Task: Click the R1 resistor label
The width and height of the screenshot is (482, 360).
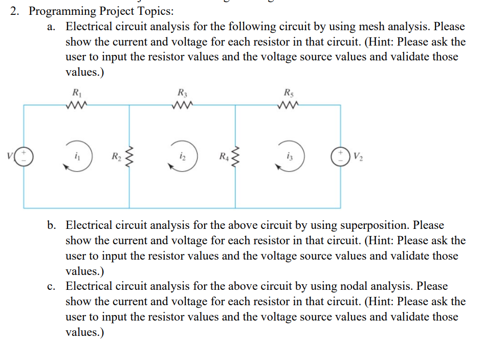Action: click(77, 94)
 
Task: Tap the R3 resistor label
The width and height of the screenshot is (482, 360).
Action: click(182, 94)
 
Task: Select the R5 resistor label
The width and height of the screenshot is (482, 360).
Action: click(289, 94)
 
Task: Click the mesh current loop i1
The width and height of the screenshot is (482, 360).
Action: click(76, 157)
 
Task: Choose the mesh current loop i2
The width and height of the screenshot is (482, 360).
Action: click(183, 157)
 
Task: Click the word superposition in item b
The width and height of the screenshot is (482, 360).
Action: click(375, 225)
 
